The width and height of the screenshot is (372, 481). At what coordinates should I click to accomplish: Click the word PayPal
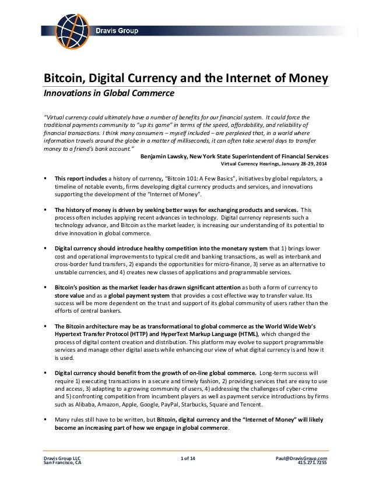(174, 403)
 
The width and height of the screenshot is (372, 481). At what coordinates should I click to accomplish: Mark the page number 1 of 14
(189, 458)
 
